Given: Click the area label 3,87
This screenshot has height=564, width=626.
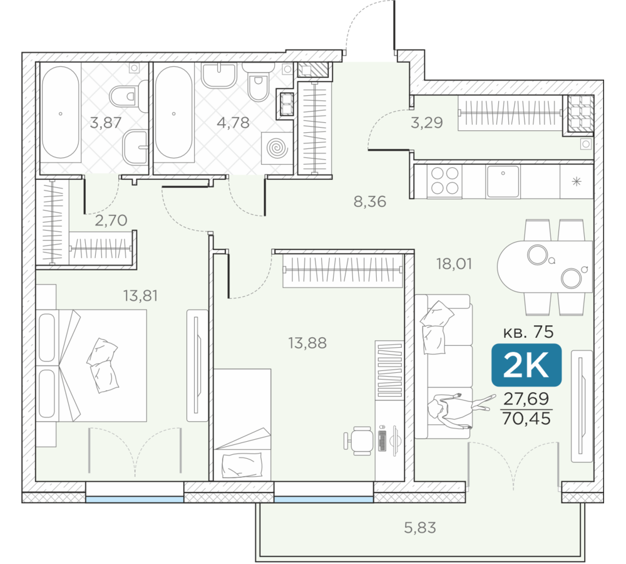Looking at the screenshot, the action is pyautogui.click(x=105, y=122).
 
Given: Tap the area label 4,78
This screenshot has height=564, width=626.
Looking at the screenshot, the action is pyautogui.click(x=233, y=122).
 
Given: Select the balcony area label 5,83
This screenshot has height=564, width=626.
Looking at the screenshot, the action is pyautogui.click(x=420, y=528).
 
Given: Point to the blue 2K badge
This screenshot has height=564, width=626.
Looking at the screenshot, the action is pyautogui.click(x=526, y=365).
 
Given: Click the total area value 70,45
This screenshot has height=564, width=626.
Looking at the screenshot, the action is pyautogui.click(x=526, y=419).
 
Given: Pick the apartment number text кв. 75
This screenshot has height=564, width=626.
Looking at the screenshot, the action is pyautogui.click(x=528, y=332).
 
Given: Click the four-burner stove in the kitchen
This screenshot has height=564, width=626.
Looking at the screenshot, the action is pyautogui.click(x=444, y=181).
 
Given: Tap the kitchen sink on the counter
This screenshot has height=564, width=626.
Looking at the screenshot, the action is pyautogui.click(x=503, y=181).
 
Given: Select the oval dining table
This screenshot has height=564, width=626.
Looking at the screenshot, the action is pyautogui.click(x=545, y=266).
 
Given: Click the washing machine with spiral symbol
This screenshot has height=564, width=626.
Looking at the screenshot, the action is pyautogui.click(x=277, y=149).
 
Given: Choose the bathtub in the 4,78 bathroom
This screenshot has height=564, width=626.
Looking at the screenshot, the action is pyautogui.click(x=173, y=113).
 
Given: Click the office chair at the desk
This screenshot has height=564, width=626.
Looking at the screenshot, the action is pyautogui.click(x=358, y=441).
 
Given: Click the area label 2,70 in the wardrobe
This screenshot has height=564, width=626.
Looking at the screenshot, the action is pyautogui.click(x=111, y=220).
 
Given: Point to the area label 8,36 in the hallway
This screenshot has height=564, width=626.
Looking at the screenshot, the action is pyautogui.click(x=370, y=201).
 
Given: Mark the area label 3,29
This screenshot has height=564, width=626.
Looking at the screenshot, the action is pyautogui.click(x=427, y=122).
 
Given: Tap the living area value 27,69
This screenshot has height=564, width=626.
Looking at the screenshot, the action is pyautogui.click(x=526, y=399).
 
